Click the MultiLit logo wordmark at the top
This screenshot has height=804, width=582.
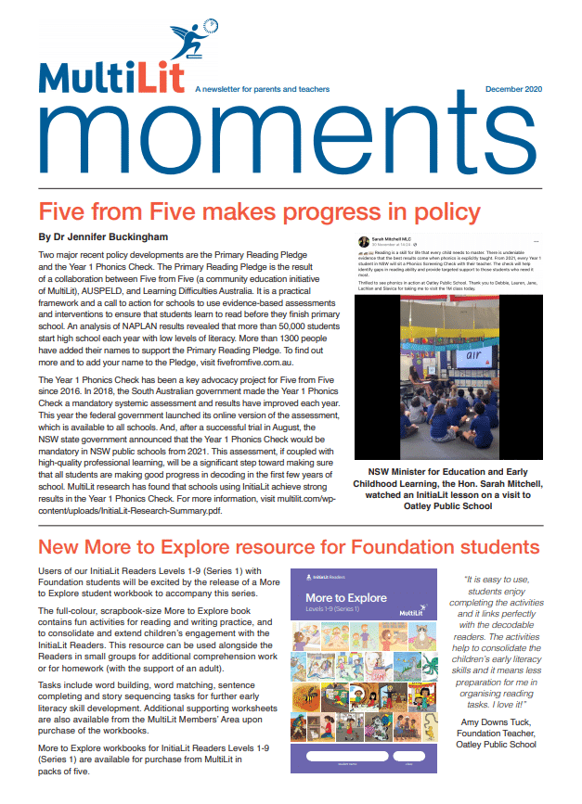(111, 79)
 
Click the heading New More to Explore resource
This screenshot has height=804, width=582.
(288, 545)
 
